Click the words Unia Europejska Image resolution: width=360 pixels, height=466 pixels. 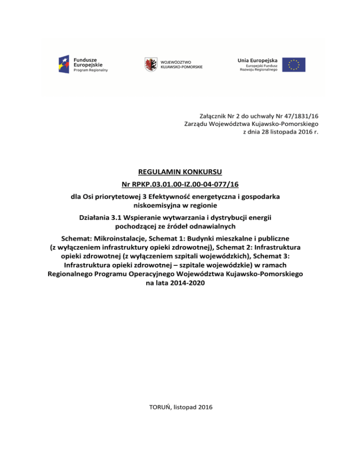point(257,60)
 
